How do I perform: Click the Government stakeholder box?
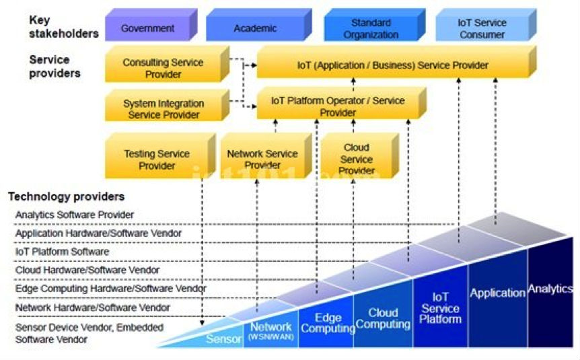point(148,28)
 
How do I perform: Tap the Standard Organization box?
point(371,29)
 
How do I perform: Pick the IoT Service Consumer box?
point(482,28)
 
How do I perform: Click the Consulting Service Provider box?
point(163,68)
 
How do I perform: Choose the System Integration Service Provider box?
point(163,109)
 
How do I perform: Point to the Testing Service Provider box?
point(157,159)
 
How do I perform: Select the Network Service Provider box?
point(262,159)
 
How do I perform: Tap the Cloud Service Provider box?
point(356,159)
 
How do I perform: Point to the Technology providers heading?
point(66,196)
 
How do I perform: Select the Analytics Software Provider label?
point(74,215)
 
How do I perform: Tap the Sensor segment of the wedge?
point(223,338)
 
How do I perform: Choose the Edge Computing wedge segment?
point(328,323)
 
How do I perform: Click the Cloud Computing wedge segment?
point(383,318)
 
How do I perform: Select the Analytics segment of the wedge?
point(550,289)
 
